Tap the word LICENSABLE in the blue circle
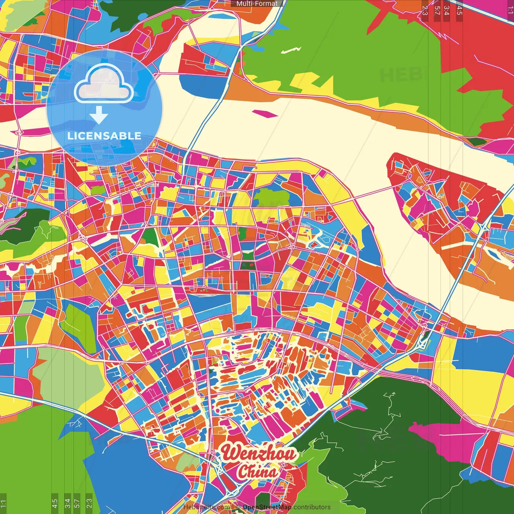104,136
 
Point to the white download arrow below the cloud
99,115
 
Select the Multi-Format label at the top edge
257,4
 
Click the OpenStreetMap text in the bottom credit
267,507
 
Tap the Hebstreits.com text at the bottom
206,507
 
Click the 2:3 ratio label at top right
425,10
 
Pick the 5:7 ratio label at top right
437,10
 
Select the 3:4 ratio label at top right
447,10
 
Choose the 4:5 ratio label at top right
459,10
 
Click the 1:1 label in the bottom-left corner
3,504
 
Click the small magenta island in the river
265,114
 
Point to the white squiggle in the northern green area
291,50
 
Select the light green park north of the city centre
273,197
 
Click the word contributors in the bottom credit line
312,507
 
